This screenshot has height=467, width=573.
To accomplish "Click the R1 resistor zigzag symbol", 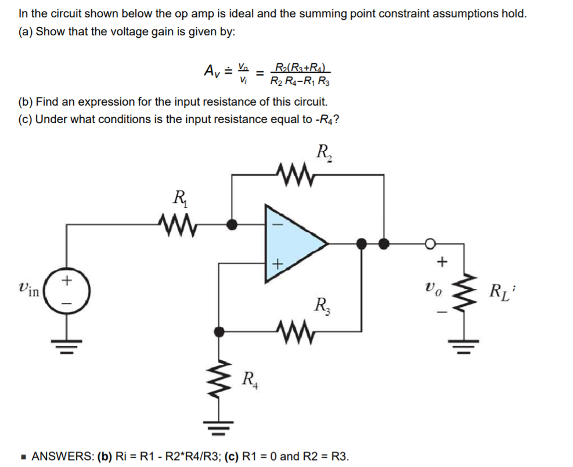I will click(175, 221).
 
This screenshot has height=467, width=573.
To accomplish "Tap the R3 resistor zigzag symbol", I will click(296, 332).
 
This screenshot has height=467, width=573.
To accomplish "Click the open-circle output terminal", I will click(431, 243).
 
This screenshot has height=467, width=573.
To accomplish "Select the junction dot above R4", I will click(219, 332).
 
